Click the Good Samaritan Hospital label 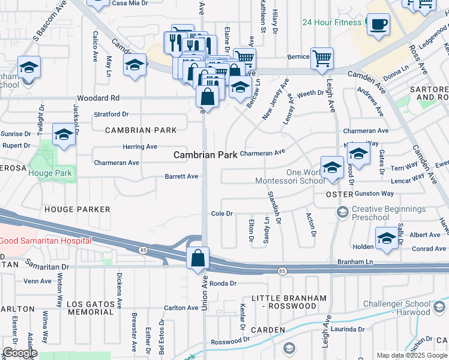[x=46, y=241]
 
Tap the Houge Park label [x=50, y=173]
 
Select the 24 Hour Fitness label [x=333, y=23]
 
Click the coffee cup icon [x=378, y=25]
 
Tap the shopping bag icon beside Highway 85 [x=197, y=259]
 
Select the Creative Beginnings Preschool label [x=388, y=214]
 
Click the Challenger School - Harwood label [x=413, y=307]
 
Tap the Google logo [x=20, y=352]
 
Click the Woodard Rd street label [x=98, y=98]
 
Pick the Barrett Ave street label [x=181, y=176]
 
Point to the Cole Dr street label [x=221, y=214]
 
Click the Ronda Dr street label [x=223, y=283]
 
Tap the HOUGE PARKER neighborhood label [x=77, y=209]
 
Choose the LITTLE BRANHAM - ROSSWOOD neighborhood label [x=289, y=302]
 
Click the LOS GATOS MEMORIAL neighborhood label [x=91, y=308]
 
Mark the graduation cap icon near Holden [x=386, y=238]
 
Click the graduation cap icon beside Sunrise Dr [x=63, y=135]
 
